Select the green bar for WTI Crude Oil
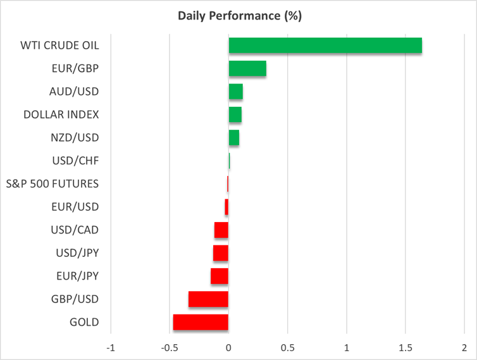coord(325,46)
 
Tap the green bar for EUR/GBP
coord(247,68)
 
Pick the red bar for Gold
coord(201,322)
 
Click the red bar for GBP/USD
coord(208,299)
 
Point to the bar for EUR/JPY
coord(219,276)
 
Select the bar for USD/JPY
coord(220,253)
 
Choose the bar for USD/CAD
coord(221,230)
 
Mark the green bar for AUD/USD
coord(235,92)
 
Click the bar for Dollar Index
coord(235,115)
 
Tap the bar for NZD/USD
coord(233,137)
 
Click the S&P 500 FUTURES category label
coord(61,183)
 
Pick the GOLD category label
coord(84,322)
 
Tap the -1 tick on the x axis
coord(111,348)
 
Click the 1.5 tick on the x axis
coord(406,348)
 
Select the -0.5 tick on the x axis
coord(168,348)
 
